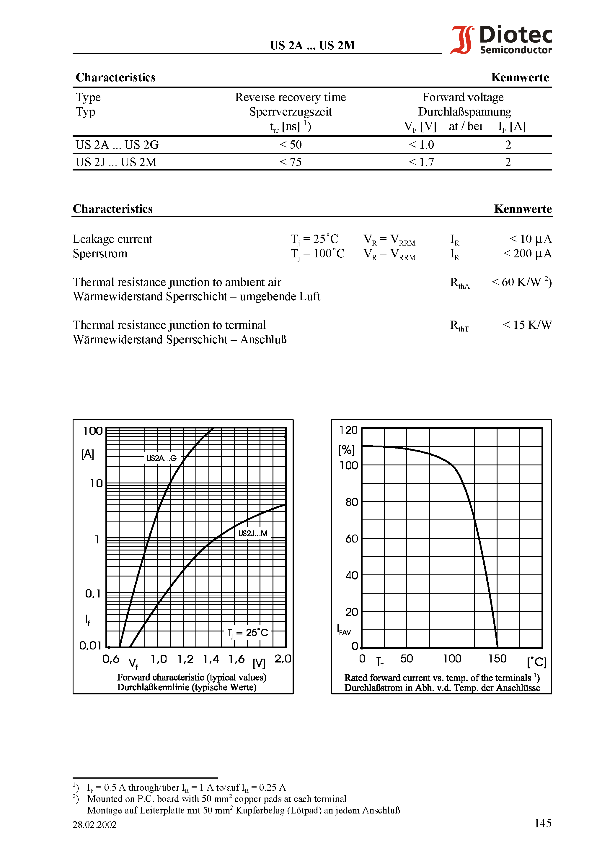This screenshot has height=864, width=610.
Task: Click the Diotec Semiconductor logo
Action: (x=501, y=40)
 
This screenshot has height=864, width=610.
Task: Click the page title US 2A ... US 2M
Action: (x=312, y=46)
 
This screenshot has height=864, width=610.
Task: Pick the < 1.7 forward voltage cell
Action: (x=421, y=162)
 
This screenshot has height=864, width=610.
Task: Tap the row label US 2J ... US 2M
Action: (x=116, y=162)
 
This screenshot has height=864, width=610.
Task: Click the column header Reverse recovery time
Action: (x=290, y=98)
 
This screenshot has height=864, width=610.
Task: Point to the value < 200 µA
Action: (x=527, y=254)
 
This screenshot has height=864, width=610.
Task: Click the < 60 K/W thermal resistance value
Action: (x=521, y=282)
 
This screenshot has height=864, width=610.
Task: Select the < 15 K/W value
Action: (x=527, y=325)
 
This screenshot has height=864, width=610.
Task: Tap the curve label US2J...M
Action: (x=253, y=533)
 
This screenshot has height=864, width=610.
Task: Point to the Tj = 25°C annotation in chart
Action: (x=247, y=633)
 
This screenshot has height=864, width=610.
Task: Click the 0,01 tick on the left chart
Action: (x=91, y=646)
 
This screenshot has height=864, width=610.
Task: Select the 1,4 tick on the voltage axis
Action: (x=211, y=659)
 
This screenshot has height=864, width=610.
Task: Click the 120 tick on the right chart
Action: (x=348, y=430)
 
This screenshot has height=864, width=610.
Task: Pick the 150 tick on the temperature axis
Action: (x=497, y=659)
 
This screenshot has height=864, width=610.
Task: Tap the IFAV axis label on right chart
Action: (x=344, y=630)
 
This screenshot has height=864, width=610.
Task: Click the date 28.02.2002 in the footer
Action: (x=94, y=824)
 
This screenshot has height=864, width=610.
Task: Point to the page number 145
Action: (x=543, y=823)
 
